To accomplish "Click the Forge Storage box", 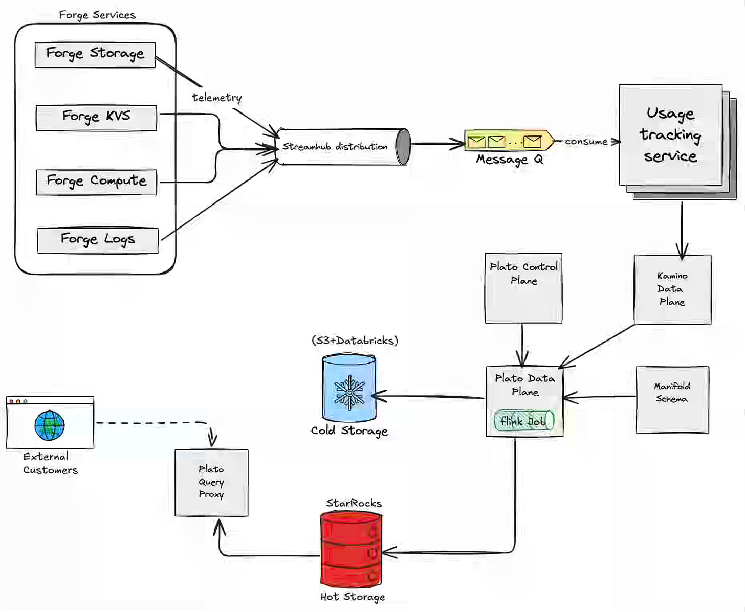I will (x=95, y=55).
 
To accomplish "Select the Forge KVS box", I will (x=96, y=118).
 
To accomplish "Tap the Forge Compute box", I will (x=96, y=183).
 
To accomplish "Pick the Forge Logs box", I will (x=98, y=240).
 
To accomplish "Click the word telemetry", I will (x=217, y=97).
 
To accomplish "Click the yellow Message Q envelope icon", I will (x=509, y=141).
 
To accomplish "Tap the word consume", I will (x=586, y=142).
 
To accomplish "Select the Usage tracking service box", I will (x=670, y=135).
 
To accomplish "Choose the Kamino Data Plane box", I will (x=672, y=289).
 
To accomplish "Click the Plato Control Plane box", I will (x=523, y=288).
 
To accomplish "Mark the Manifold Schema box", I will (x=672, y=399).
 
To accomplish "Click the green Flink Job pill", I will (x=523, y=421).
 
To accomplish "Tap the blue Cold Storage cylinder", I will (x=349, y=389).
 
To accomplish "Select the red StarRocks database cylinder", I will (x=351, y=550).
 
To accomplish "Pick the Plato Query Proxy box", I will (x=211, y=483).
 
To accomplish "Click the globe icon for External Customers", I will (x=50, y=425).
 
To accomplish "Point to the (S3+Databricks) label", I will (x=355, y=341).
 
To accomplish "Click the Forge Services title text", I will (x=97, y=15).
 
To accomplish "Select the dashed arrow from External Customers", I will (x=154, y=423).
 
